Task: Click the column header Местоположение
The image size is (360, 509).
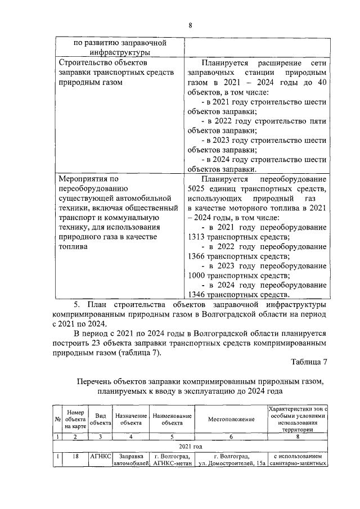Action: click(x=231, y=420)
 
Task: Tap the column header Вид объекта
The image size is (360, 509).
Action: click(x=101, y=420)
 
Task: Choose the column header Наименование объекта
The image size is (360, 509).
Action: click(x=172, y=420)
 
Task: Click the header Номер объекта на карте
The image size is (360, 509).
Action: click(x=75, y=420)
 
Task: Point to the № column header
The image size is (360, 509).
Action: click(x=57, y=420)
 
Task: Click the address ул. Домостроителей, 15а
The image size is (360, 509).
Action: click(x=231, y=463)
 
